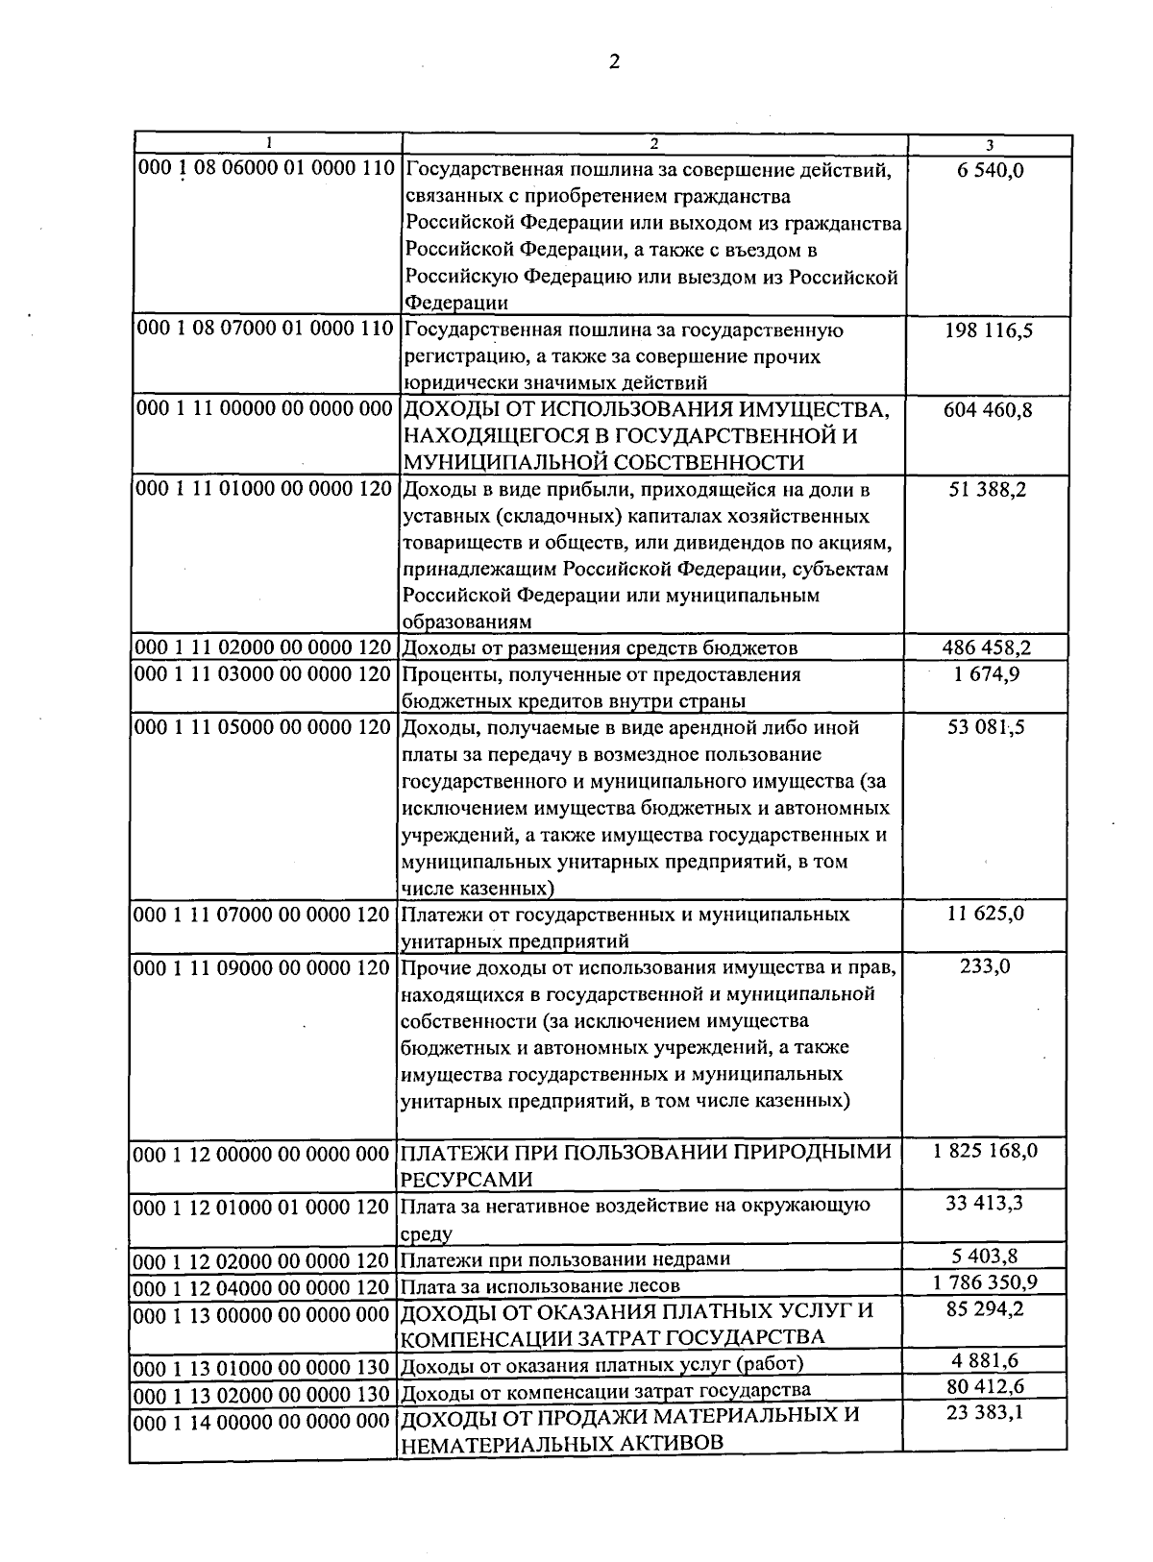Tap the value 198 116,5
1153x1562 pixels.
click(x=990, y=330)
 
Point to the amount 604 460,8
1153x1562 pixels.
click(x=990, y=410)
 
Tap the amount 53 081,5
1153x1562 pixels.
click(x=987, y=727)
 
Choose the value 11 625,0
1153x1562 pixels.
click(x=987, y=914)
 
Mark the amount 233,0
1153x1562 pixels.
click(x=987, y=966)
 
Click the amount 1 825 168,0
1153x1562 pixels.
click(x=985, y=1151)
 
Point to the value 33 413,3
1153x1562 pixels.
click(x=985, y=1203)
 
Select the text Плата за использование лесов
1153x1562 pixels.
click(x=540, y=1285)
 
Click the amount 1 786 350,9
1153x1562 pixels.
click(x=985, y=1282)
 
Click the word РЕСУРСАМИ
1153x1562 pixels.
click(x=465, y=1179)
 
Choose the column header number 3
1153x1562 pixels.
click(x=989, y=145)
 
